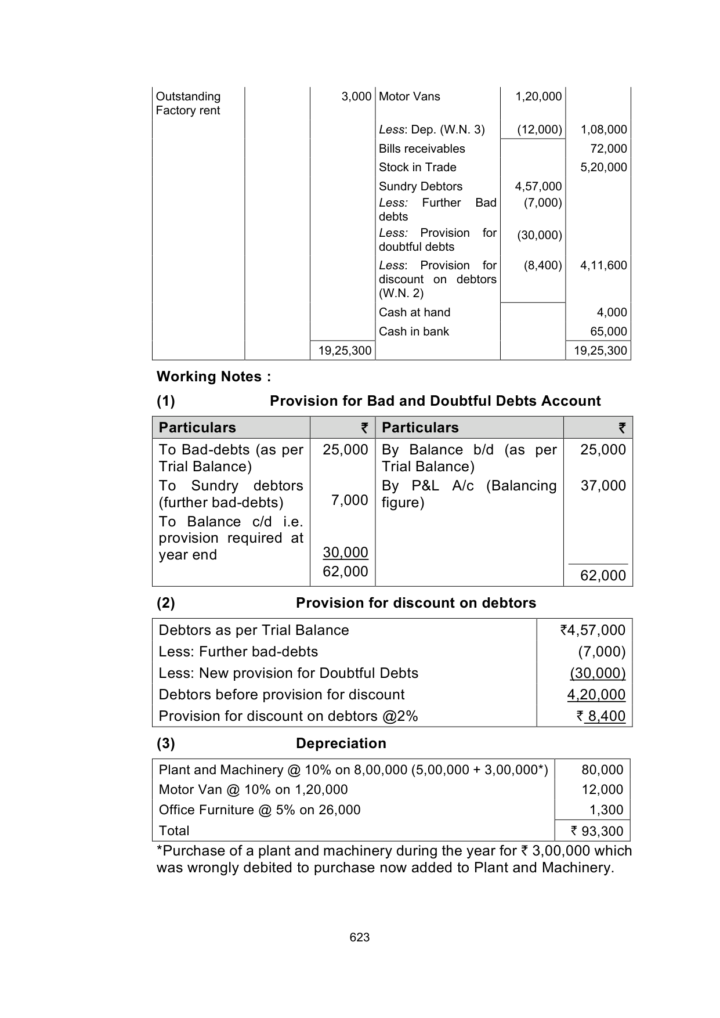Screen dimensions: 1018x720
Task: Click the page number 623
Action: click(x=360, y=937)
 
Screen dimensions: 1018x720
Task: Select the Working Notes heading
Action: click(x=214, y=377)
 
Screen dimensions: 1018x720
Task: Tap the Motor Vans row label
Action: click(x=409, y=96)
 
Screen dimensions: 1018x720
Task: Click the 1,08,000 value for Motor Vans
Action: click(x=603, y=129)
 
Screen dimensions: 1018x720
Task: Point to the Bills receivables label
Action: click(x=422, y=149)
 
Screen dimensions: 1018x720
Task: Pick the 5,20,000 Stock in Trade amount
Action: click(x=603, y=167)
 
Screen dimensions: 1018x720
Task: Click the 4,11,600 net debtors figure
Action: click(x=603, y=265)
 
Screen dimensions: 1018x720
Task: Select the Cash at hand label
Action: click(x=414, y=312)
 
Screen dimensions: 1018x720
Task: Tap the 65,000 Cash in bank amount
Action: click(x=609, y=331)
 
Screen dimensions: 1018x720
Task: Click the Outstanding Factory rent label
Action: click(x=188, y=103)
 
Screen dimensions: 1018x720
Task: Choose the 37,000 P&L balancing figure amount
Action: click(x=603, y=486)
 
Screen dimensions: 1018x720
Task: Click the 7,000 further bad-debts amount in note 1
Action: click(x=349, y=500)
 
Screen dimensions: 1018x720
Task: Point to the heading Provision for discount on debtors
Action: click(x=415, y=603)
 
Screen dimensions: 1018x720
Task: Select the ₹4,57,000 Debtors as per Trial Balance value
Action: click(x=592, y=630)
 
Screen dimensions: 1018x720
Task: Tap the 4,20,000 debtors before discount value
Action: click(x=596, y=695)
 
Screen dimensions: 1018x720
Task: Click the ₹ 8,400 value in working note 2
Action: click(x=600, y=716)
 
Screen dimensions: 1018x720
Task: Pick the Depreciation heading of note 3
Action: click(x=341, y=743)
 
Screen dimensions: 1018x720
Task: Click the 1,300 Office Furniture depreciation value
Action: click(x=606, y=810)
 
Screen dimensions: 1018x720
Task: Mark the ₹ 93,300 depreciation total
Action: click(x=597, y=831)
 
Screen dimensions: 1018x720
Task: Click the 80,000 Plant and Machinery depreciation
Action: click(x=602, y=770)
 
